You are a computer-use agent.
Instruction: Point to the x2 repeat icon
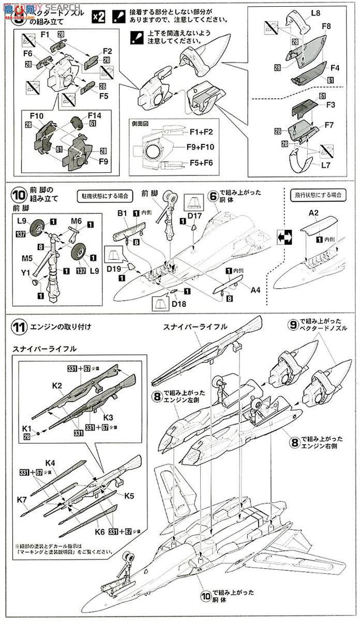tap(99, 16)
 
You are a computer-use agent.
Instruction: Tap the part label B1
tap(122, 212)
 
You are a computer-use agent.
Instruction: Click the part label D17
tap(194, 215)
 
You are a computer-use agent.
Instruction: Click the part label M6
tap(76, 221)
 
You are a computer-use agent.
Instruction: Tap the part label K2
tap(57, 386)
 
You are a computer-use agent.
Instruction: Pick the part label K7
tap(22, 499)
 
